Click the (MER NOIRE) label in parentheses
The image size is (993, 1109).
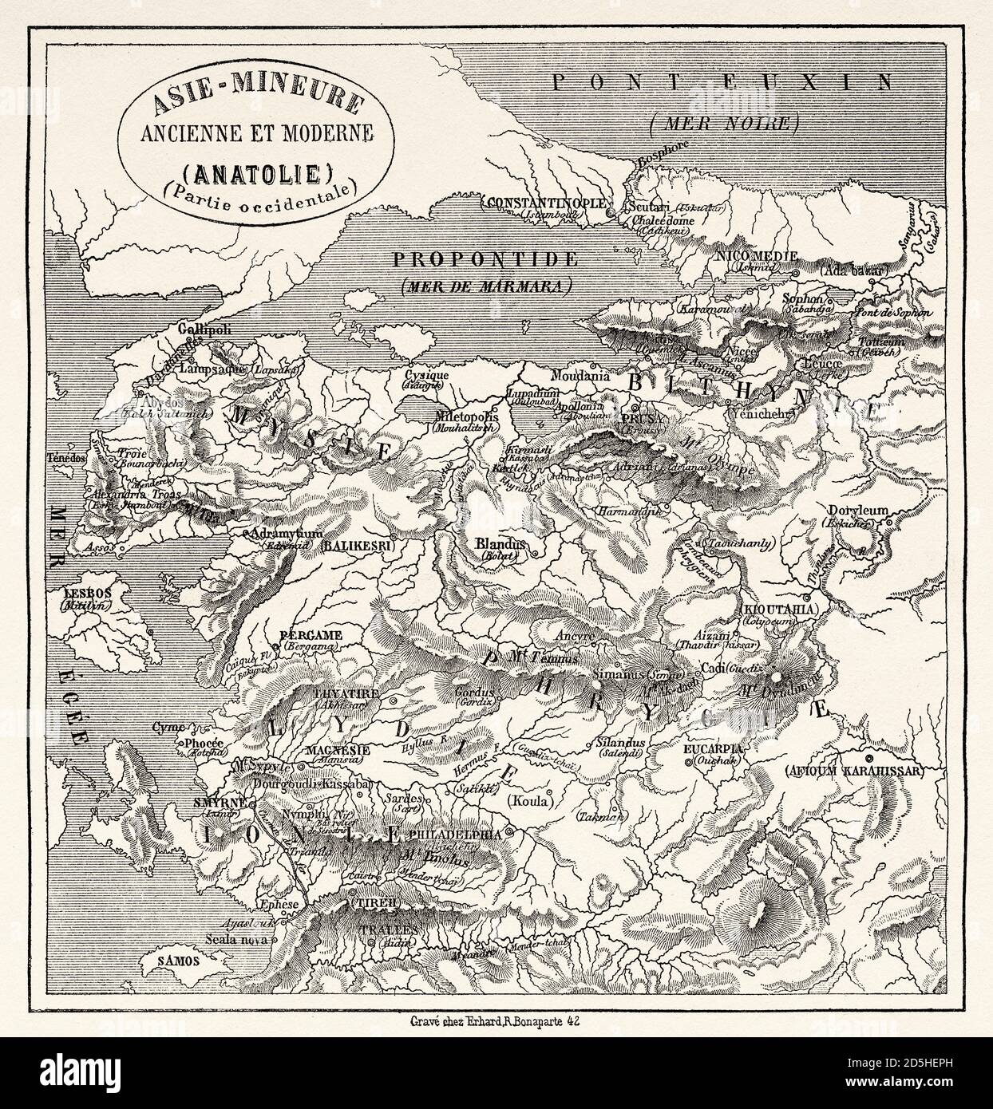click(x=723, y=123)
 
